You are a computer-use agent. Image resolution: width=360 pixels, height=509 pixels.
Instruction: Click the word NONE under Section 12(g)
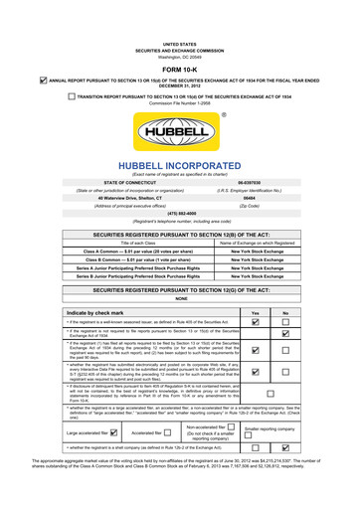click(180, 297)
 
